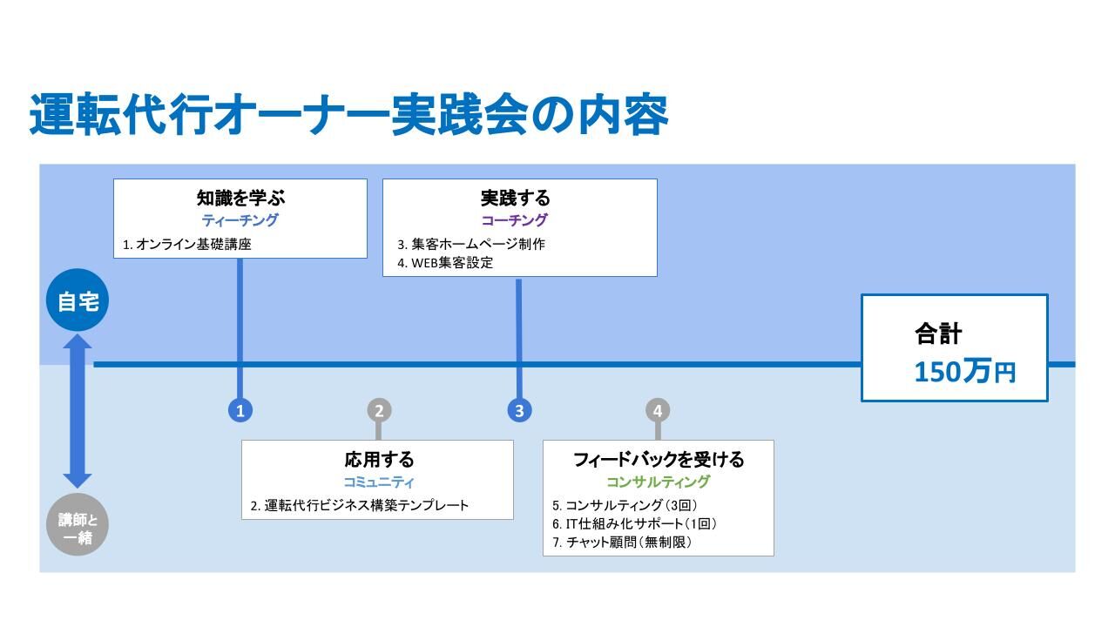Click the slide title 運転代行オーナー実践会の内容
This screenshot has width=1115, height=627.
pyautogui.click(x=348, y=114)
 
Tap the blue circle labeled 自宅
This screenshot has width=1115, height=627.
pyautogui.click(x=78, y=300)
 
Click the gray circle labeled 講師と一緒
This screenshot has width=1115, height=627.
pyautogui.click(x=78, y=525)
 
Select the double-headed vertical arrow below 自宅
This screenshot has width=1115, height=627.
pyautogui.click(x=78, y=411)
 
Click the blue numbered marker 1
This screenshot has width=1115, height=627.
pyautogui.click(x=240, y=411)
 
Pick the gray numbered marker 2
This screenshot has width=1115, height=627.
pyautogui.click(x=379, y=411)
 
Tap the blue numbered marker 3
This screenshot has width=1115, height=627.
pyautogui.click(x=520, y=411)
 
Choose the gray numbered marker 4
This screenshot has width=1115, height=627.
pyautogui.click(x=658, y=411)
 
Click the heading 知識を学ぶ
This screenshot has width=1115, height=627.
pyautogui.click(x=240, y=198)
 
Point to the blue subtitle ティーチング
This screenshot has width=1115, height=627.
pyautogui.click(x=240, y=220)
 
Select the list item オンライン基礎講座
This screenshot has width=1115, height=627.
pyautogui.click(x=193, y=245)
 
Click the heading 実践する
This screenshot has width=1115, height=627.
pyautogui.click(x=515, y=198)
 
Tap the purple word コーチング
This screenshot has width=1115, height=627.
pyautogui.click(x=515, y=220)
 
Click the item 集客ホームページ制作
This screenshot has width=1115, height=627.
pyautogui.click(x=478, y=245)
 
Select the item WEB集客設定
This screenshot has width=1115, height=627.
pyautogui.click(x=452, y=263)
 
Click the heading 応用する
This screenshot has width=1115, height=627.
pyautogui.click(x=379, y=459)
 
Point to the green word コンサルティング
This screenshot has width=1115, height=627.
pyautogui.click(x=658, y=482)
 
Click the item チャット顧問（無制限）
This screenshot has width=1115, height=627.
pyautogui.click(x=629, y=543)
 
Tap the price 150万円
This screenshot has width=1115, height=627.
pyautogui.click(x=964, y=372)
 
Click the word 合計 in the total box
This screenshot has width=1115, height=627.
pyautogui.click(x=938, y=334)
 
